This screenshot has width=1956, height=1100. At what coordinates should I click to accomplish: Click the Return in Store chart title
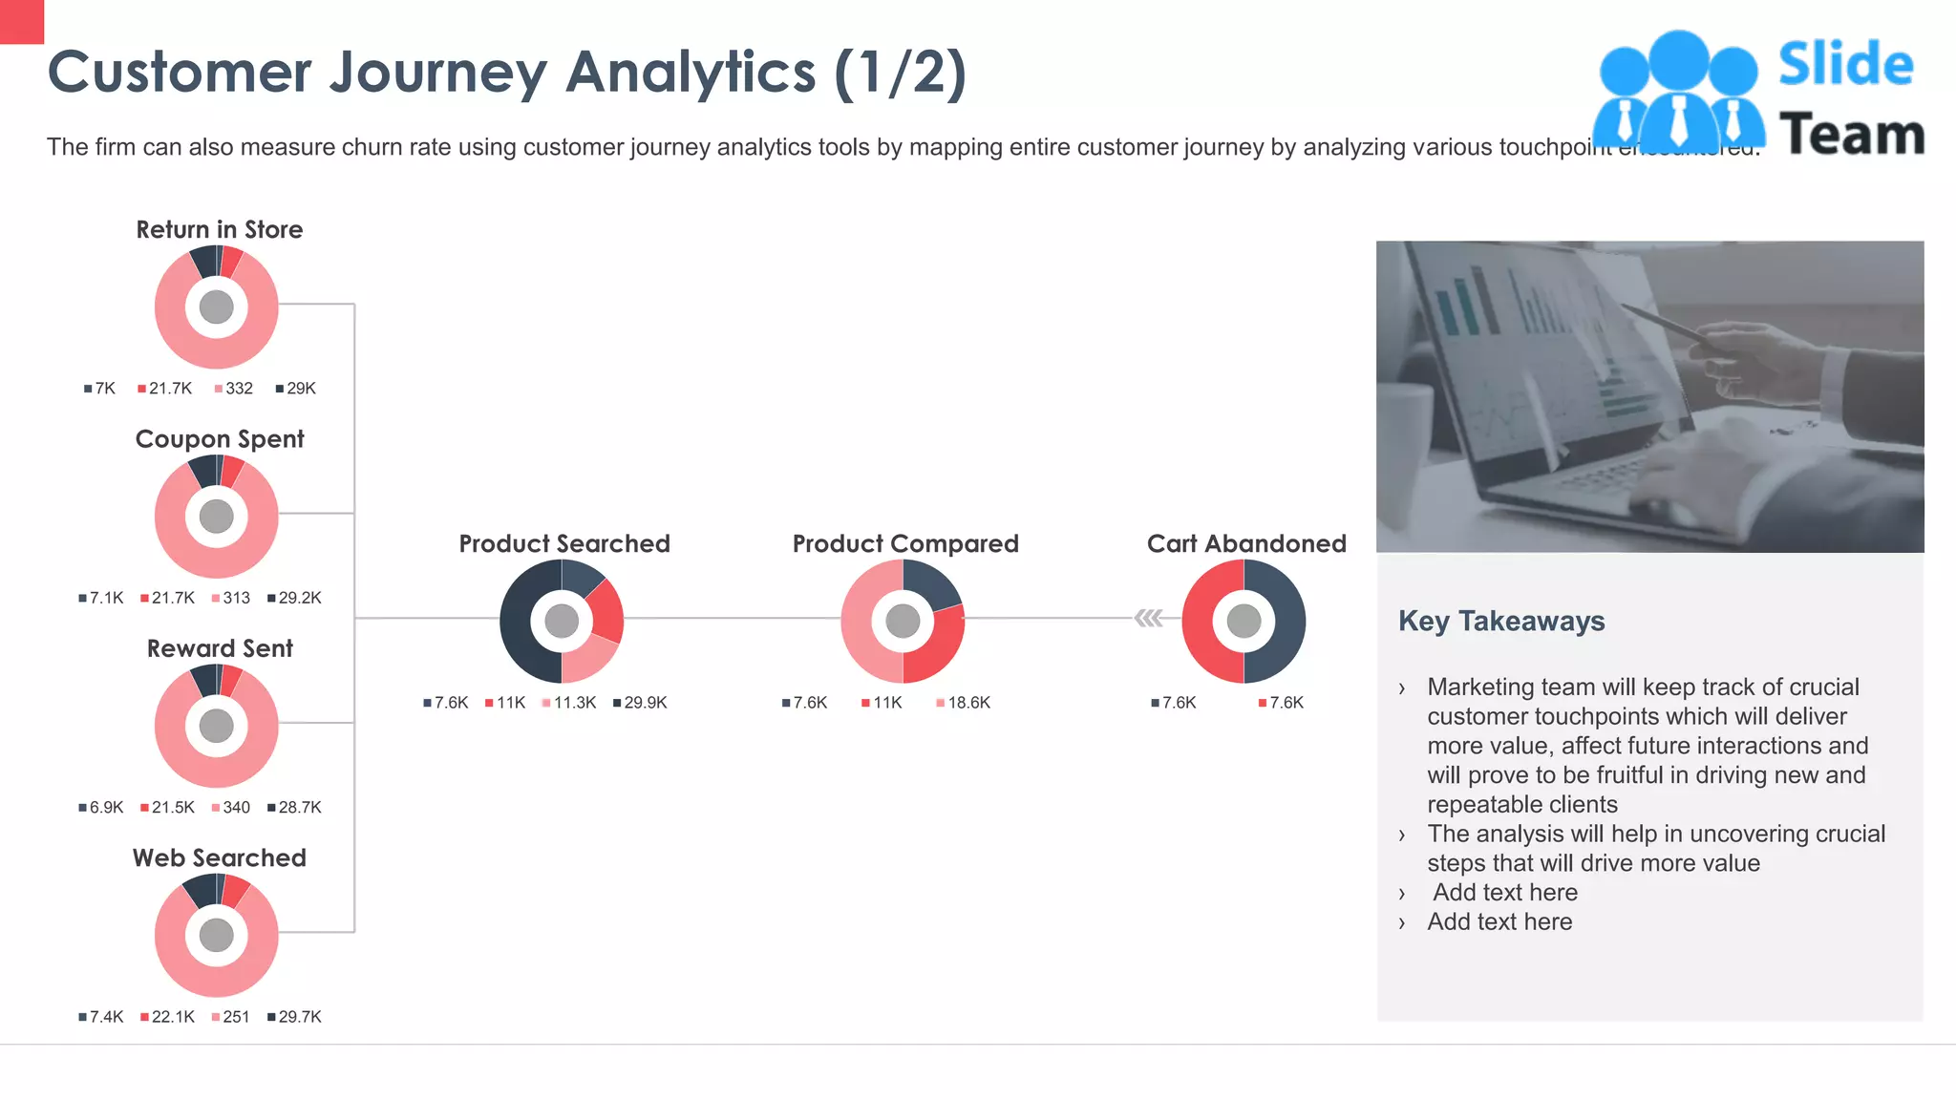click(219, 230)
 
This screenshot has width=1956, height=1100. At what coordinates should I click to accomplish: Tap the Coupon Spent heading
click(219, 439)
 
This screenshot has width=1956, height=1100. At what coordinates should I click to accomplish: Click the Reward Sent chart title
click(219, 648)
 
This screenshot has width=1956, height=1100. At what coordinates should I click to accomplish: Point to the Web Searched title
click(219, 857)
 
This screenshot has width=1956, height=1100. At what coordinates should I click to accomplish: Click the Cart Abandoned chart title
click(1245, 543)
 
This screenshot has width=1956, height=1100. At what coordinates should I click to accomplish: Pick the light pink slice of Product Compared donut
click(858, 621)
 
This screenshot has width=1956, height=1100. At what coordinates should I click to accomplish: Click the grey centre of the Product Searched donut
click(562, 621)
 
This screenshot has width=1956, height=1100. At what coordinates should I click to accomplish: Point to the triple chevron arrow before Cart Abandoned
click(1148, 619)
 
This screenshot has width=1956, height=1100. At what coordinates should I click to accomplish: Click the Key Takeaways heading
click(1500, 622)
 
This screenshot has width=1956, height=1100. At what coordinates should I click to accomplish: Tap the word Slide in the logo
click(1845, 65)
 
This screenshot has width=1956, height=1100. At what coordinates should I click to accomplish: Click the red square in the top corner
click(21, 21)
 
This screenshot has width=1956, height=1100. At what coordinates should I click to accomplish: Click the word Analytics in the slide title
click(691, 73)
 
